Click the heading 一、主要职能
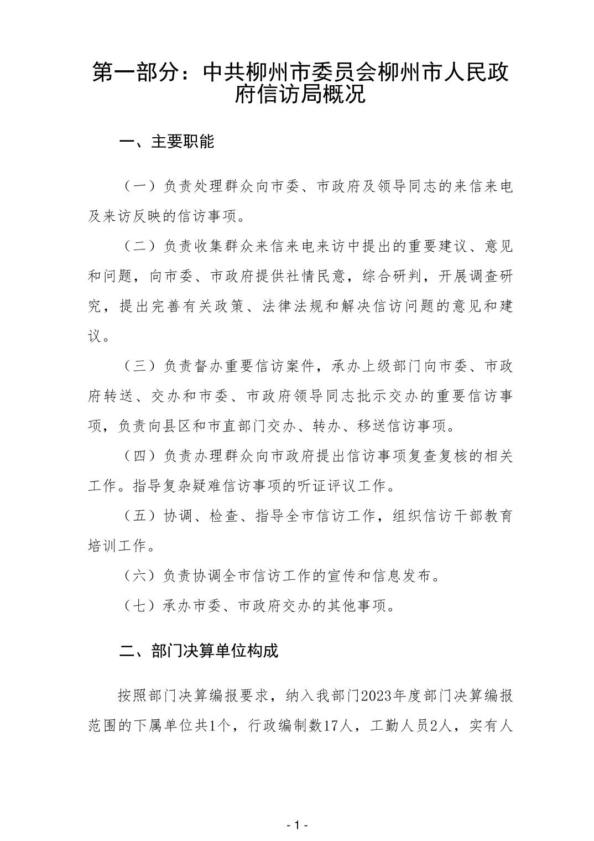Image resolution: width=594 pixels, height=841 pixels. (x=166, y=142)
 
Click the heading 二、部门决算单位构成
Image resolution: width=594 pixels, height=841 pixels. (x=199, y=651)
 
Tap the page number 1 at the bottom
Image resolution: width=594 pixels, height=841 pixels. (x=297, y=826)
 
